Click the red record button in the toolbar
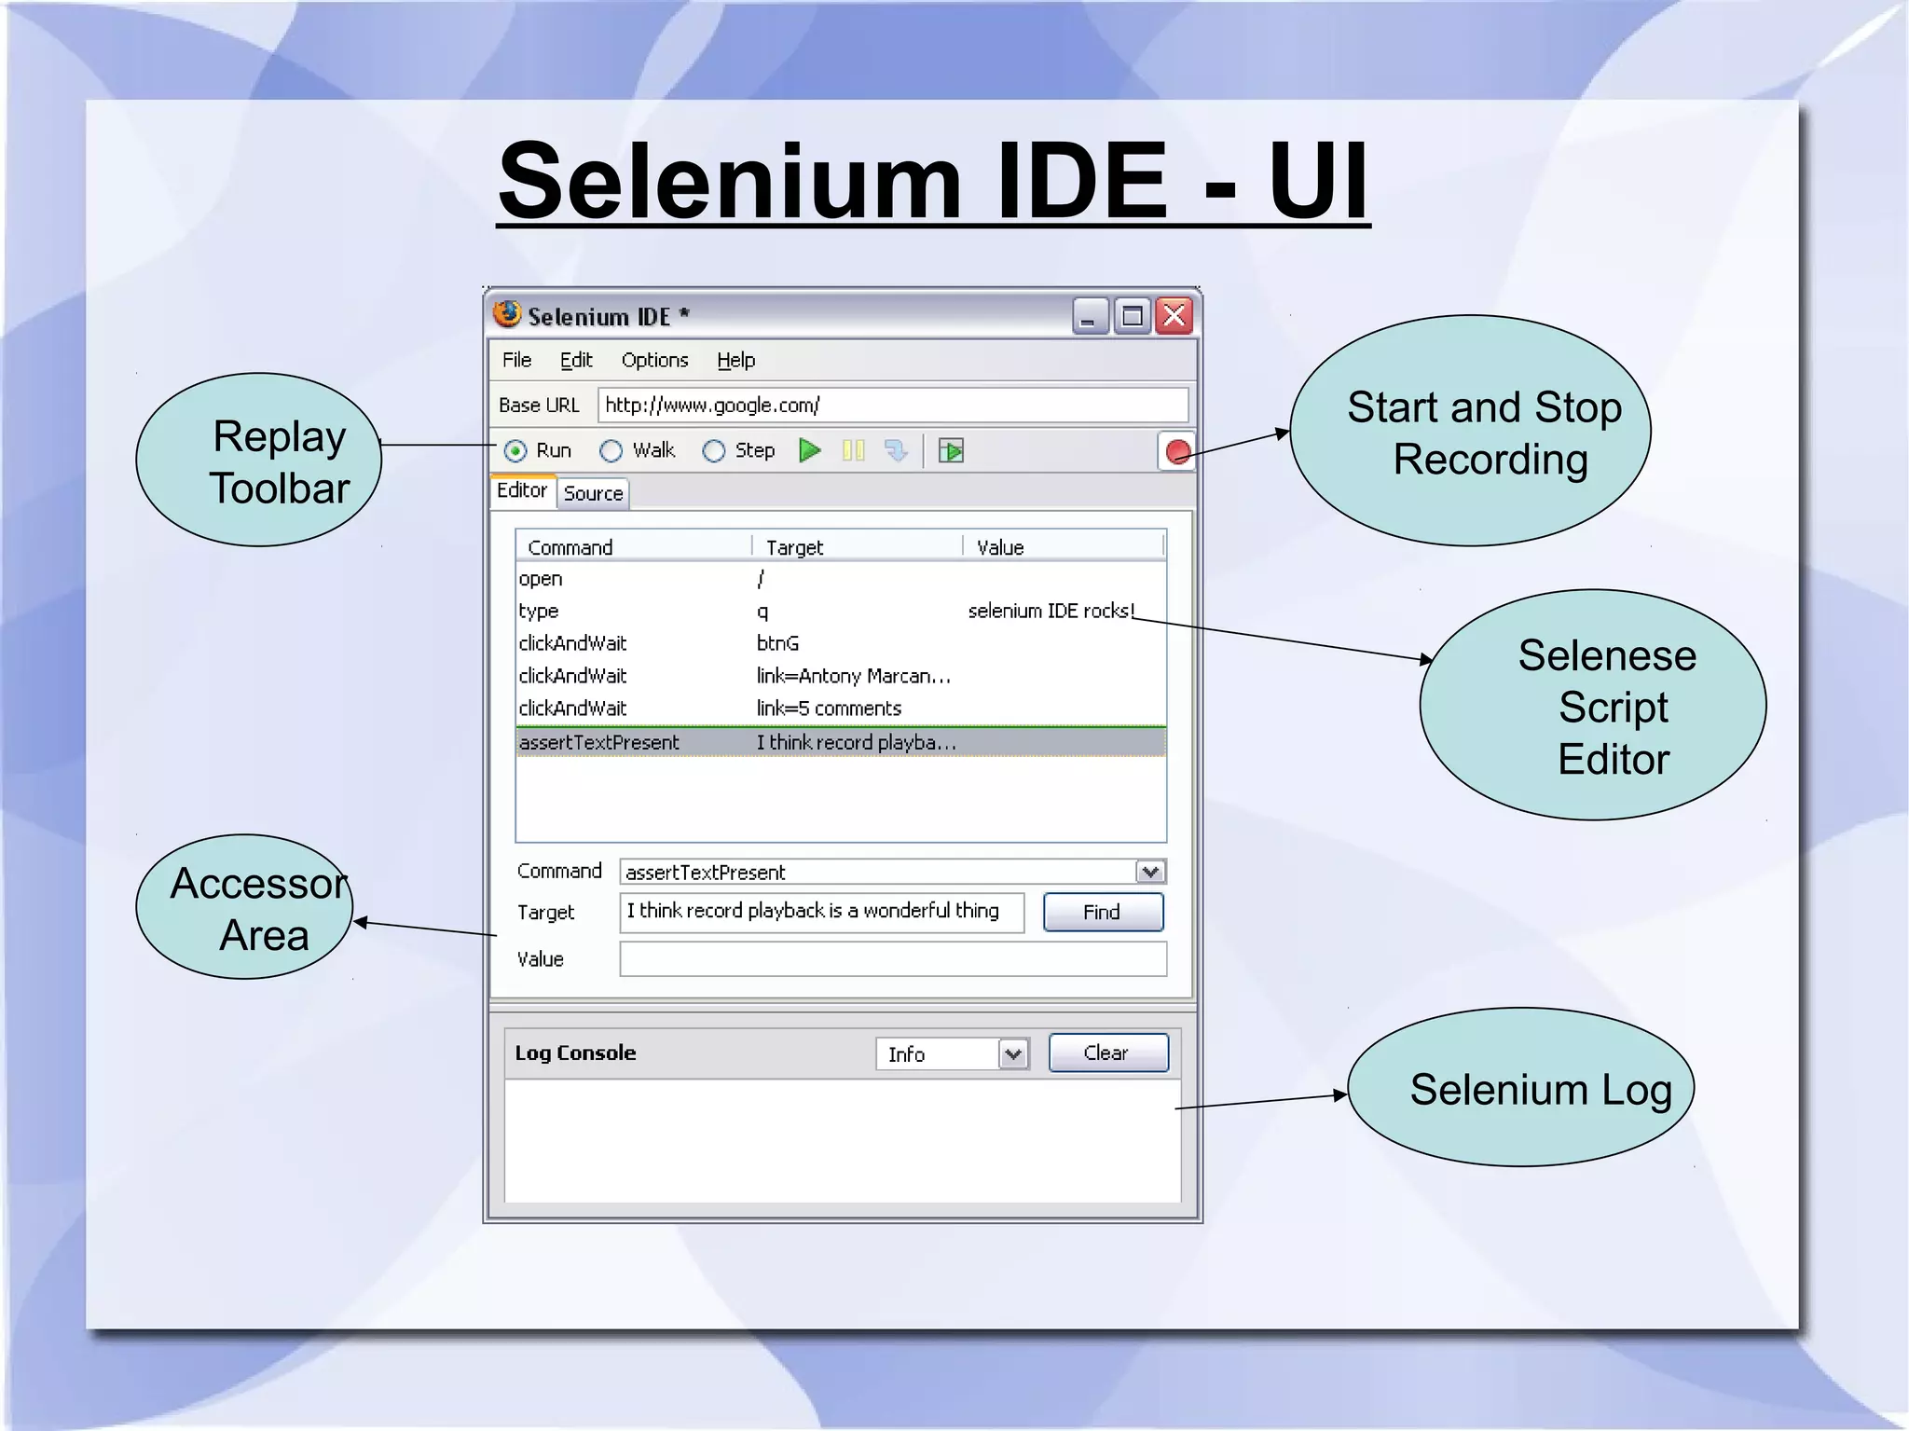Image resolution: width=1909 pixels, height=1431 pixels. [1177, 452]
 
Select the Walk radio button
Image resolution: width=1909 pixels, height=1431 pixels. [611, 452]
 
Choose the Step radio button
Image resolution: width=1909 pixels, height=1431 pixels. [714, 452]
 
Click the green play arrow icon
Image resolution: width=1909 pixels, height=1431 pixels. [810, 451]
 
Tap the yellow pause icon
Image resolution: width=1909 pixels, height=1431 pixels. [853, 451]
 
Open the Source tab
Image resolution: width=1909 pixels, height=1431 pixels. [593, 494]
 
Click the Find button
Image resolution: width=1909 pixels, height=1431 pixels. [1103, 913]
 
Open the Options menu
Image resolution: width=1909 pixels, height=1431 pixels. [654, 361]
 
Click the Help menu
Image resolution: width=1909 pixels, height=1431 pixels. [735, 361]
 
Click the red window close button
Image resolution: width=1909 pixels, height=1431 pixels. [1174, 317]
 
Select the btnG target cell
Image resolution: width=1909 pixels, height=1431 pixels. [777, 644]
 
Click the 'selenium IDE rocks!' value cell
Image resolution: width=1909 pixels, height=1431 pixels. [1051, 612]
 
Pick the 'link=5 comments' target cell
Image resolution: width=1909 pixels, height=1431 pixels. [829, 709]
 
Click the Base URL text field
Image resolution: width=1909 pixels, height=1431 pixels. [892, 406]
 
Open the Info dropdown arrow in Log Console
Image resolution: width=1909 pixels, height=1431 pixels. [1013, 1054]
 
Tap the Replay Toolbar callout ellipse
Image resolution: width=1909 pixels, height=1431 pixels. [259, 461]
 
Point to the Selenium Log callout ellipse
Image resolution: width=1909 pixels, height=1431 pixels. [1520, 1088]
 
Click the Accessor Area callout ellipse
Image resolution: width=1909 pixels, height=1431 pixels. [244, 907]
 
